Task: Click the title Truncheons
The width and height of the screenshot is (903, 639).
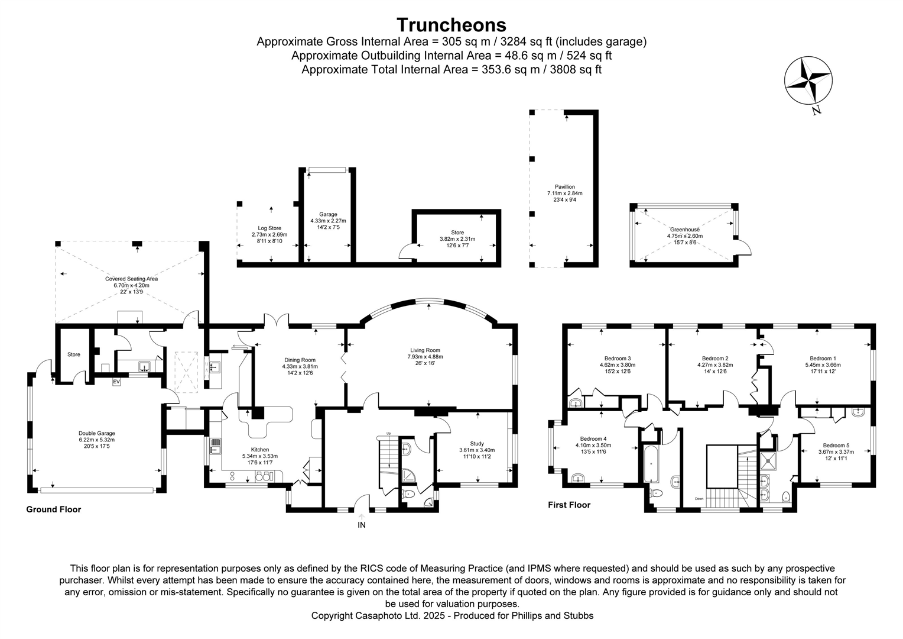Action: [451, 25]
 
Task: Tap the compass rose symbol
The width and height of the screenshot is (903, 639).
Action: [807, 80]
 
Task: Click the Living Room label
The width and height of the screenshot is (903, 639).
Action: [424, 350]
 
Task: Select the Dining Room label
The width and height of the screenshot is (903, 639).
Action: [300, 360]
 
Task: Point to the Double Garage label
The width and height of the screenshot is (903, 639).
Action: [96, 433]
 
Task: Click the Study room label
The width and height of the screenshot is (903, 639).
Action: [476, 444]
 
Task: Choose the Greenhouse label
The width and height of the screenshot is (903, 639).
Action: [684, 230]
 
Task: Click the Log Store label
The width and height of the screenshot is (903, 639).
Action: [269, 228]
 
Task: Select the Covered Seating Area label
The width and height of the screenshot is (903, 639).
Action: [131, 279]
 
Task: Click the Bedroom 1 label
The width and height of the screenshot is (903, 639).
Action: [823, 359]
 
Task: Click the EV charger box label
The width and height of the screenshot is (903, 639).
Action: [116, 382]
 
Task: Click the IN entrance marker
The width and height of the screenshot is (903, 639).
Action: [362, 525]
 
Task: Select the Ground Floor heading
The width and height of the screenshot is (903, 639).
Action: [53, 509]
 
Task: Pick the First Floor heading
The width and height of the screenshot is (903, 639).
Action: [569, 505]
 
